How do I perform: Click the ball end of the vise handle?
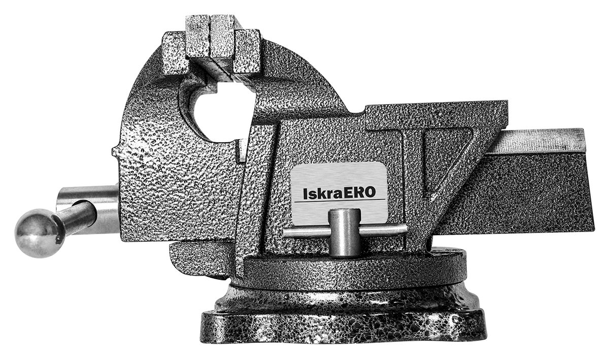[39, 233]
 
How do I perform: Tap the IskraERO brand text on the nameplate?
[340, 193]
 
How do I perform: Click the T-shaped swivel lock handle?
[345, 232]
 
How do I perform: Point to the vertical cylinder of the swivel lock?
[345, 233]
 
